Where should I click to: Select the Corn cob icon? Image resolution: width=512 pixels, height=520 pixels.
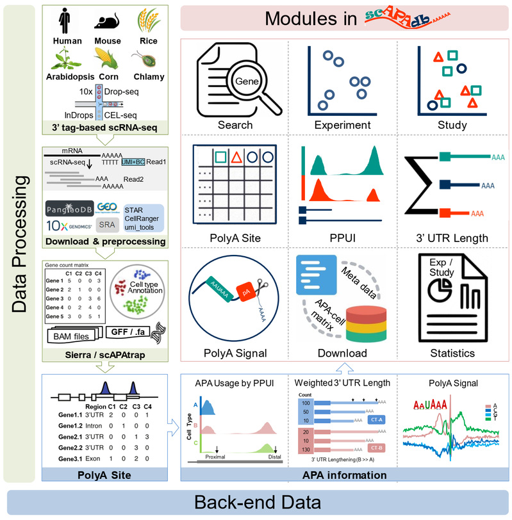pyautogui.click(x=108, y=59)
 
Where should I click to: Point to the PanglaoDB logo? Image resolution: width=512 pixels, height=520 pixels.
pyautogui.click(x=71, y=209)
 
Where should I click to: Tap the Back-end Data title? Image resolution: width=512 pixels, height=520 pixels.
pyautogui.click(x=256, y=501)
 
